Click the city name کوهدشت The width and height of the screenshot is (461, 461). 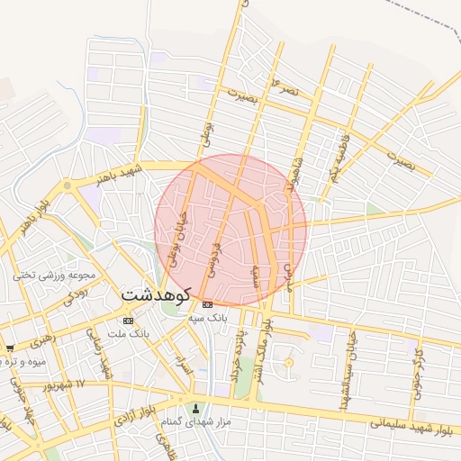[x=156, y=294]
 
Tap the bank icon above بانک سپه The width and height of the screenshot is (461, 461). [x=208, y=304]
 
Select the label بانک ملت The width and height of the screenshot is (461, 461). [x=127, y=333]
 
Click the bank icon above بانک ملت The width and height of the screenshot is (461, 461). [x=128, y=320]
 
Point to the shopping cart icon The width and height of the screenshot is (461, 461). [x=10, y=348]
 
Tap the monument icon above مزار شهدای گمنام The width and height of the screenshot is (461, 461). [x=195, y=410]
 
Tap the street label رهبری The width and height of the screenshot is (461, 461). [x=41, y=342]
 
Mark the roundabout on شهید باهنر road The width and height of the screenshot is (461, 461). [x=67, y=185]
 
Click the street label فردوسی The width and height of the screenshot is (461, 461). [x=214, y=256]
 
